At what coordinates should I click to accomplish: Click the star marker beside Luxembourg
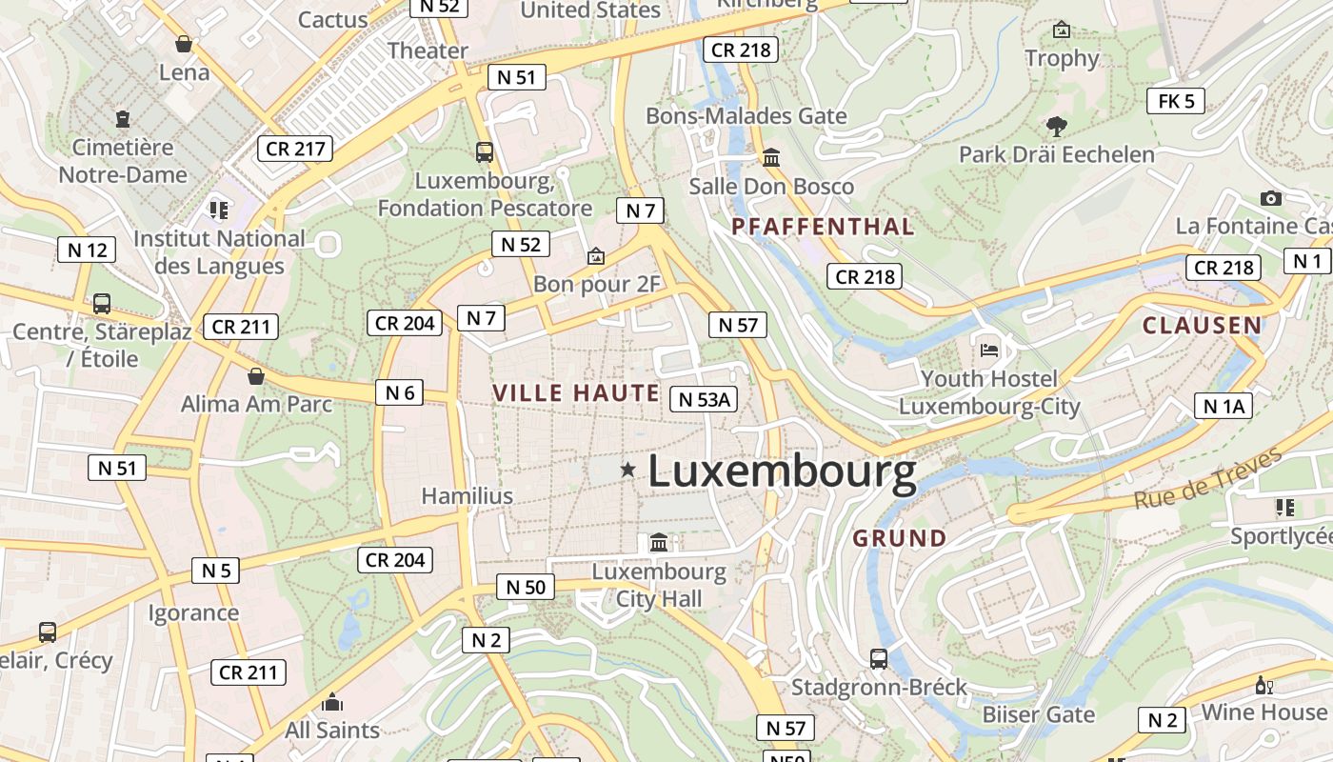click(627, 469)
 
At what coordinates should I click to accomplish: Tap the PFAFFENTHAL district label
click(823, 227)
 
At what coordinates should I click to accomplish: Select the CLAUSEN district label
click(1202, 325)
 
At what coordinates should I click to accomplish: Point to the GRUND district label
click(900, 538)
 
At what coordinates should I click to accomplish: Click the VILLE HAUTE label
click(576, 392)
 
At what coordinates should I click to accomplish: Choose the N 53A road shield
click(705, 399)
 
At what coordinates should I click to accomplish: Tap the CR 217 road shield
click(295, 149)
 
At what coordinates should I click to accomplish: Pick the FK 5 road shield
click(1176, 101)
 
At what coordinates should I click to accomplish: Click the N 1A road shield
click(1224, 407)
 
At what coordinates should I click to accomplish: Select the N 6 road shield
click(399, 392)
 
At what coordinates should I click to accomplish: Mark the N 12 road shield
click(87, 251)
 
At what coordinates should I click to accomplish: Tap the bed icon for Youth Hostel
click(989, 350)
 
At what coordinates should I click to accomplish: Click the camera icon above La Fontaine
click(1270, 198)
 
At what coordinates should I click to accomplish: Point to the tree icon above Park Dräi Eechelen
click(1056, 126)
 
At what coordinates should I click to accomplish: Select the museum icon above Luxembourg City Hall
click(658, 543)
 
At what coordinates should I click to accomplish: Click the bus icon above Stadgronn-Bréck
click(879, 658)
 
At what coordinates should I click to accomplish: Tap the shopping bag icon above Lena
click(184, 44)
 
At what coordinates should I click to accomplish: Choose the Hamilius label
click(467, 495)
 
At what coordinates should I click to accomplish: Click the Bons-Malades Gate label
click(746, 116)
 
